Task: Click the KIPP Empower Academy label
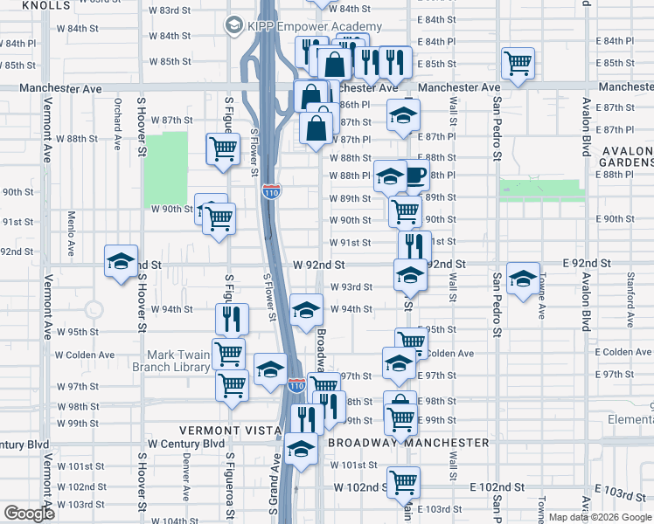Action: [314, 27]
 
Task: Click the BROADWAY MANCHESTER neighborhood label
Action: [408, 443]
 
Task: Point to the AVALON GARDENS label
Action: [627, 156]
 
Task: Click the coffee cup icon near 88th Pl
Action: [414, 176]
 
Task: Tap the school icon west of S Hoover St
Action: [122, 260]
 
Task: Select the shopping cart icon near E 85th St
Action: [518, 62]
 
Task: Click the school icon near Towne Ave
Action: [523, 279]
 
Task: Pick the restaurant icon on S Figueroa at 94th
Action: [232, 318]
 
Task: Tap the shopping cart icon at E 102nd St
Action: [403, 480]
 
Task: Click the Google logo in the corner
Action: [29, 514]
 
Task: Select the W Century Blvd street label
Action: [186, 444]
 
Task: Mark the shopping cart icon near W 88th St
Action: [223, 149]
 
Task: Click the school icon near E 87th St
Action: [402, 115]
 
